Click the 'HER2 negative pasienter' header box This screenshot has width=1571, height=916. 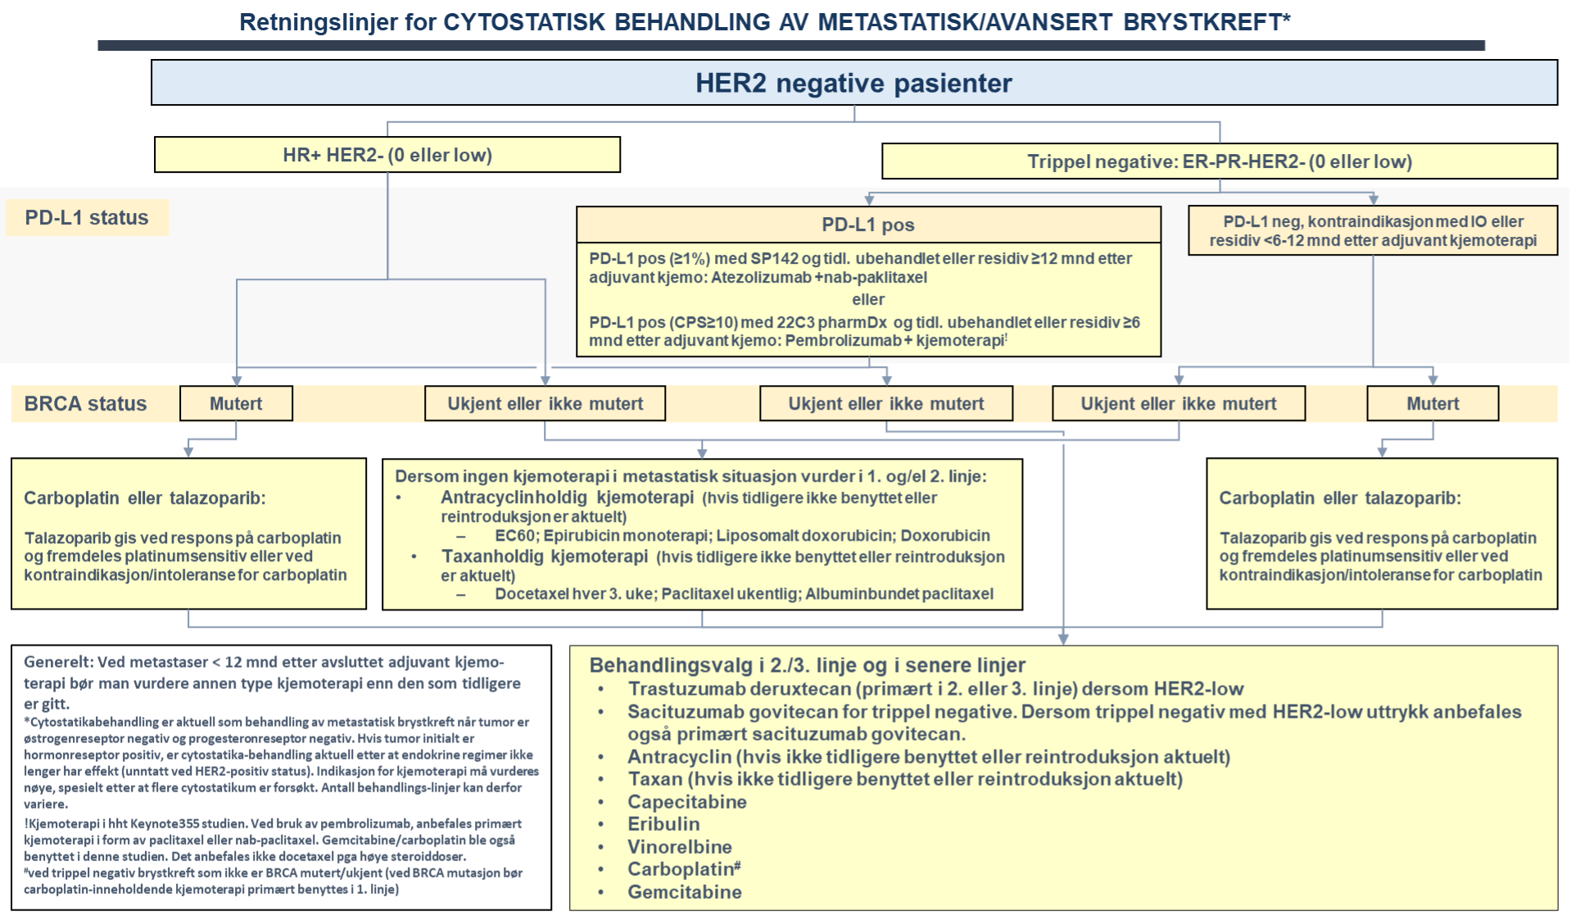pos(853,83)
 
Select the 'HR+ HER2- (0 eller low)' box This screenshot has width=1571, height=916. pos(387,155)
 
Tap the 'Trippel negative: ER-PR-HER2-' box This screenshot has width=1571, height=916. pos(1219,161)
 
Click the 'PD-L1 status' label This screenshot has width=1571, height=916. pos(87,218)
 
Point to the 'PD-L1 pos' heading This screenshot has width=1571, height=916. pos(868,224)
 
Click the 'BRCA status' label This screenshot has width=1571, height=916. pos(85,404)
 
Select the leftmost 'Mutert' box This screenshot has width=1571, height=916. pos(236,404)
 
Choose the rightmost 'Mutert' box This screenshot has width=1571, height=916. pos(1433,404)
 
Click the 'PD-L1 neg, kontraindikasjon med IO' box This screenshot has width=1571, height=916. pos(1373,230)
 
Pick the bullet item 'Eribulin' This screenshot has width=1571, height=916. pos(663,824)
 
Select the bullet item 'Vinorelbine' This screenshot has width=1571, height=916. pos(679,846)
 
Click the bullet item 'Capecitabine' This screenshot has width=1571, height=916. pos(686,802)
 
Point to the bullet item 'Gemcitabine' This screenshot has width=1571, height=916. pos(684,891)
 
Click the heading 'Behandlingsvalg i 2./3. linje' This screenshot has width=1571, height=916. pos(807,665)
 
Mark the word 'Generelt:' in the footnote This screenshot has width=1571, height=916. pos(58,662)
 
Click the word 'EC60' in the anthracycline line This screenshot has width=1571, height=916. pos(514,536)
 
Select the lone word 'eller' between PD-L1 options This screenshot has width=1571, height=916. pos(868,299)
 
